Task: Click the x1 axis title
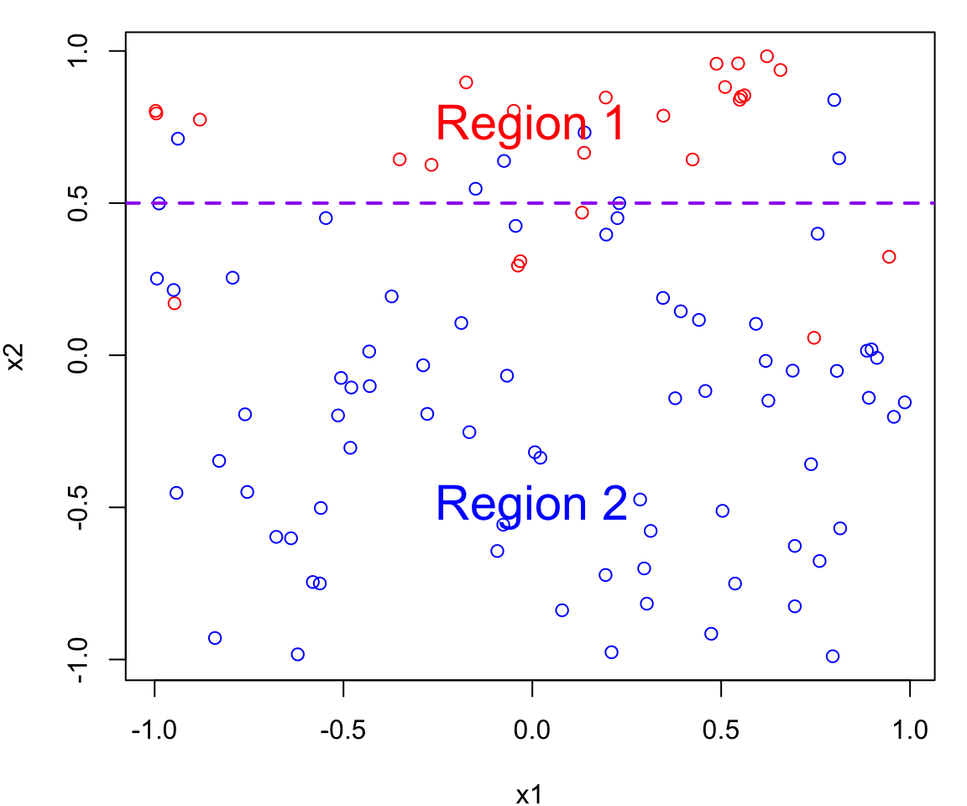click(530, 793)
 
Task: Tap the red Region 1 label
click(531, 123)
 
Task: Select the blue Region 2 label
click(531, 504)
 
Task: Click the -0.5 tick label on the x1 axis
click(342, 728)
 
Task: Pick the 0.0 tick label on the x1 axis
click(531, 728)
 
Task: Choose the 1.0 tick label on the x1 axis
click(910, 728)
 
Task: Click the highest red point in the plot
click(766, 56)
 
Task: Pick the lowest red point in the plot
click(813, 338)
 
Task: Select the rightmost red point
click(889, 257)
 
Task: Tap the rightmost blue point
click(904, 402)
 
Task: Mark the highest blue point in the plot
click(834, 100)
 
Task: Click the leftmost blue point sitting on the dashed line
click(159, 203)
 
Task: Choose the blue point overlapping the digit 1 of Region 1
click(584, 133)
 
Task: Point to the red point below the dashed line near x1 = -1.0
click(174, 303)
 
